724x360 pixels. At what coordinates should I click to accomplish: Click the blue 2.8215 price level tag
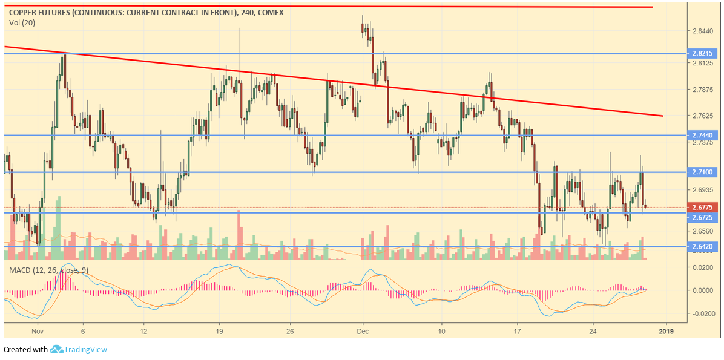(703, 54)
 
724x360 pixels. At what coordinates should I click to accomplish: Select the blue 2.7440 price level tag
(703, 136)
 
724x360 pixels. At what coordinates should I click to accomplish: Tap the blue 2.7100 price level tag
(703, 172)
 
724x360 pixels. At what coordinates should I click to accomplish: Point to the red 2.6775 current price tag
(703, 207)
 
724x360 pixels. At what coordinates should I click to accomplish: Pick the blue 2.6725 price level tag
(703, 217)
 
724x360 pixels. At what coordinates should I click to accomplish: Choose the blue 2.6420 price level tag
(703, 247)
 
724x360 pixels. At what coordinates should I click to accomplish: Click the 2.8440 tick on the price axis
(702, 31)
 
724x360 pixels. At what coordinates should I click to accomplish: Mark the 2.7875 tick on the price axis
(702, 90)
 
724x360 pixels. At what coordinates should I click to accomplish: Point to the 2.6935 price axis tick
(702, 190)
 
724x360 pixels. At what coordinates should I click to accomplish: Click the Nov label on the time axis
(38, 331)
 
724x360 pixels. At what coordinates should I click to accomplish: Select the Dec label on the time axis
(363, 331)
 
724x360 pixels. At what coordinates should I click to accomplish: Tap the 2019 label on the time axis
(666, 331)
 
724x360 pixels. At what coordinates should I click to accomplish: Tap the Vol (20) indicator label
(22, 22)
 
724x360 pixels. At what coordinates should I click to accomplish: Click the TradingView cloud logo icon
(56, 349)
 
